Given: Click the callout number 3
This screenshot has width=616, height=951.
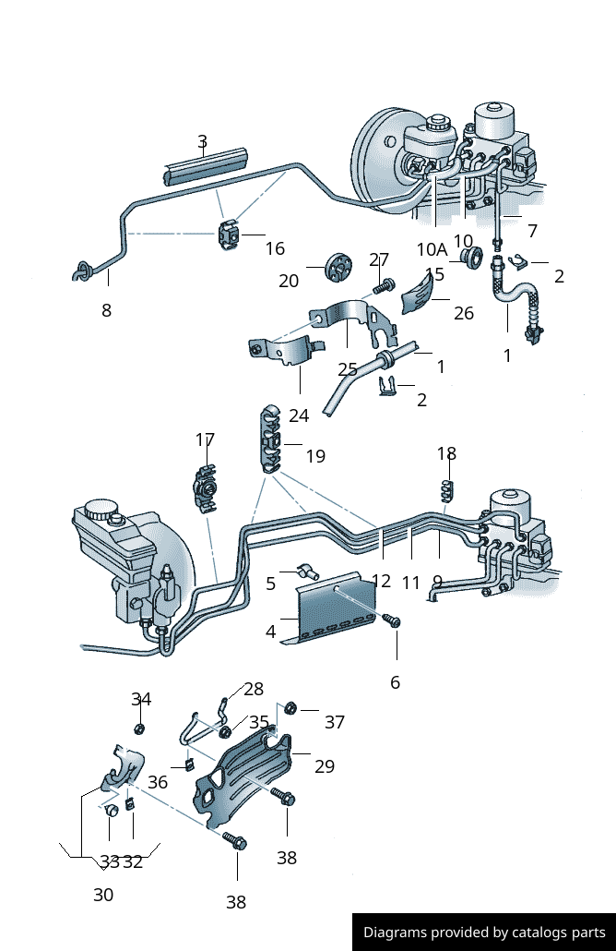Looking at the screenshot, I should [x=202, y=141].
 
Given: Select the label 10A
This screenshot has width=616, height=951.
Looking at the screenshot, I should [x=432, y=249].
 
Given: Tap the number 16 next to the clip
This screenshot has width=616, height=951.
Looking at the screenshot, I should [x=275, y=248].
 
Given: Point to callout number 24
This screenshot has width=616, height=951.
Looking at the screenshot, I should [x=299, y=415].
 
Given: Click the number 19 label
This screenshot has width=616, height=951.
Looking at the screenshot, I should [x=315, y=456].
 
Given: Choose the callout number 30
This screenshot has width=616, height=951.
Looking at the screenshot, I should [x=103, y=895].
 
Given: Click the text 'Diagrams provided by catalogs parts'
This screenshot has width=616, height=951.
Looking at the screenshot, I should [x=484, y=933].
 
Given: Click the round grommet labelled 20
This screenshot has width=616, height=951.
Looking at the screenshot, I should [x=339, y=268].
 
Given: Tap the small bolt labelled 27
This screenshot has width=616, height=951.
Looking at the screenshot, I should [x=387, y=283].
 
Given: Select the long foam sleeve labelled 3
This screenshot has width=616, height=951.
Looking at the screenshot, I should [x=207, y=163].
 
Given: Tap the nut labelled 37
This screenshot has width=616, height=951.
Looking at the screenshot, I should [x=289, y=709].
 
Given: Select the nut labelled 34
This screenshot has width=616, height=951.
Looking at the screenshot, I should [x=139, y=728].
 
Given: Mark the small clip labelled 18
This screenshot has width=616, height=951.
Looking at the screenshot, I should [x=447, y=488].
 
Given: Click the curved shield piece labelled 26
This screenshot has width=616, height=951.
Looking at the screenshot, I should [x=421, y=295].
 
